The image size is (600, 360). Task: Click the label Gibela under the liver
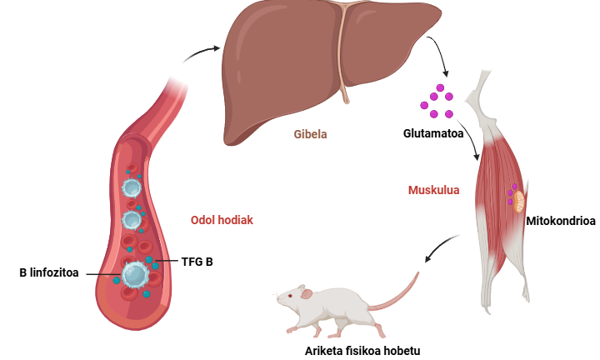coord(310,134)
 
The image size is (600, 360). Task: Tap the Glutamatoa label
coord(433,133)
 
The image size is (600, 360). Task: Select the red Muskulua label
coord(433,190)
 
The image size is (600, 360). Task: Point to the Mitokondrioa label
coord(561,221)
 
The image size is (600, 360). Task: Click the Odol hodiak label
coord(222,220)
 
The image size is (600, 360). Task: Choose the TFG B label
coord(197,262)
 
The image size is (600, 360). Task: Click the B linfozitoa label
coord(49,272)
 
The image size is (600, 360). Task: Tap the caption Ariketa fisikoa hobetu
coord(362,351)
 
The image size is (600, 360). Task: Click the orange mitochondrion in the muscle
coord(519,202)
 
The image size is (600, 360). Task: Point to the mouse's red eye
coord(290,295)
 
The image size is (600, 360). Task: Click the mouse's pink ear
coord(307,294)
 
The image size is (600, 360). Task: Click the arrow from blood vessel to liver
coord(201,52)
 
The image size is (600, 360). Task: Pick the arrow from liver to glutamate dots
coord(441,52)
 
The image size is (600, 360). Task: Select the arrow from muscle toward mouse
coord(440,246)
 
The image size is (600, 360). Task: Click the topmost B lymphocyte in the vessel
coord(132,187)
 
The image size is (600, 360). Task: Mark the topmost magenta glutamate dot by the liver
coord(440,88)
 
